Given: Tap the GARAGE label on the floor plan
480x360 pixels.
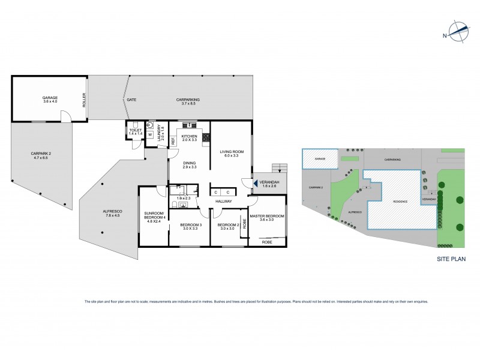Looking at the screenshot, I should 49,97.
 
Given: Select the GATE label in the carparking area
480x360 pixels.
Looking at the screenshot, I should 131,100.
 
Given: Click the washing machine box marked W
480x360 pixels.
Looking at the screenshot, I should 150,135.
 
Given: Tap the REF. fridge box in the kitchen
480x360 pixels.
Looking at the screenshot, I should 173,142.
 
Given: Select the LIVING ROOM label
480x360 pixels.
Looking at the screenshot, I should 230,152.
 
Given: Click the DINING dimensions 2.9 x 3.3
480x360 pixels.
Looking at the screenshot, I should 190,167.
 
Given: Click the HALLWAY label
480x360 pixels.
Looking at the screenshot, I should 223,201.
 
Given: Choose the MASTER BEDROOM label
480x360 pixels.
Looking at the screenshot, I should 268,215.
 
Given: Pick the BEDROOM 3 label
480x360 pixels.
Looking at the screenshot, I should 189,225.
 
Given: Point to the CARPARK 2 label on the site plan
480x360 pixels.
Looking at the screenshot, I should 316,187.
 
